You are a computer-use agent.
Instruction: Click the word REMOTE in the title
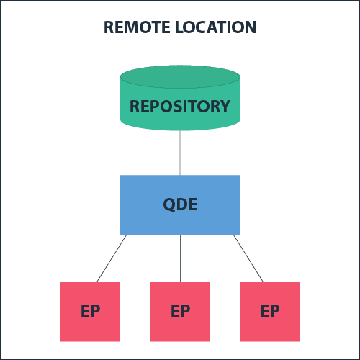tap(136, 28)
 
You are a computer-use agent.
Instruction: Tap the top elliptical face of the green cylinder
tap(180, 76)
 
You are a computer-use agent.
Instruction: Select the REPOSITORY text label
tap(180, 107)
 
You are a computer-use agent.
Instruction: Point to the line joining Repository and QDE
tap(180, 153)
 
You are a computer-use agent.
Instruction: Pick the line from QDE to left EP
tap(112, 258)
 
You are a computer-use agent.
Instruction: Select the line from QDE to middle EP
tap(180, 258)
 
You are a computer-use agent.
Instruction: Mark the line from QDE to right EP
tap(248, 258)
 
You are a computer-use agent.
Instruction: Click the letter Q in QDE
tap(169, 204)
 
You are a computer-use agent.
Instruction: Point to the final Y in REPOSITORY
tap(225, 107)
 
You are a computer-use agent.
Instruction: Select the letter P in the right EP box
tap(275, 311)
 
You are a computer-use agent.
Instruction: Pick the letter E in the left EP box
tap(85, 311)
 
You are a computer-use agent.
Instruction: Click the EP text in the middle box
tap(180, 311)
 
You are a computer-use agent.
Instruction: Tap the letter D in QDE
tap(181, 204)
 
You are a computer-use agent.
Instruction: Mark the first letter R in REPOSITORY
tap(135, 107)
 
